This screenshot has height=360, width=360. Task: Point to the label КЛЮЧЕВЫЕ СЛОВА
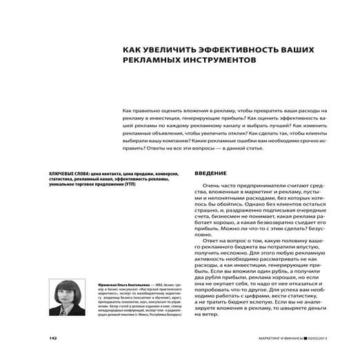point(69,173)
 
